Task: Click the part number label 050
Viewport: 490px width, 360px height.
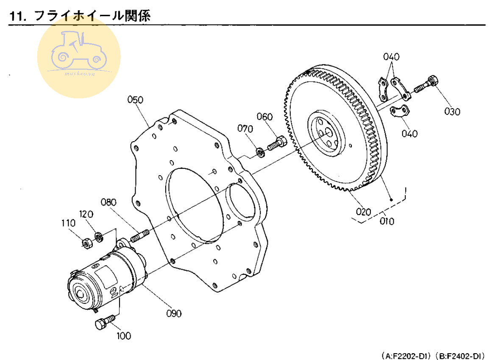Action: tap(135, 100)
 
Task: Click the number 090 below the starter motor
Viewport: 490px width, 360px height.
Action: tap(174, 313)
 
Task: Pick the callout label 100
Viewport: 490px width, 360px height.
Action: tap(123, 336)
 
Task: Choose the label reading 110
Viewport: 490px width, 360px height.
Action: tap(68, 223)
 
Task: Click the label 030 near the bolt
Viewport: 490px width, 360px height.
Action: tap(452, 112)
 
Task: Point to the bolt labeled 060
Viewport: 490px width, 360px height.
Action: tap(276, 142)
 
